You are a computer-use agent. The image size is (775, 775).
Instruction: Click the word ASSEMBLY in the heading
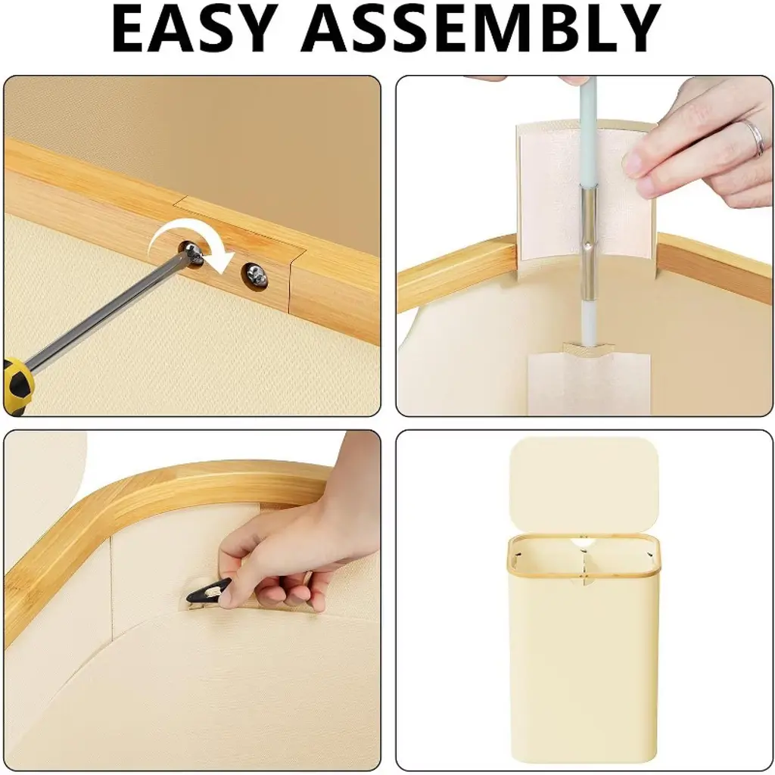[481, 28]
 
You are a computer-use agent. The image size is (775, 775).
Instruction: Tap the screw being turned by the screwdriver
[192, 253]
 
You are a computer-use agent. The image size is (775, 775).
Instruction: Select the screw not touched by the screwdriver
[256, 274]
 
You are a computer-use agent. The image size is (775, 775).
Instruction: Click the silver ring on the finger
[755, 138]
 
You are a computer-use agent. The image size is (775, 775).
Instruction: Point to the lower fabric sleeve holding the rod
[588, 381]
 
